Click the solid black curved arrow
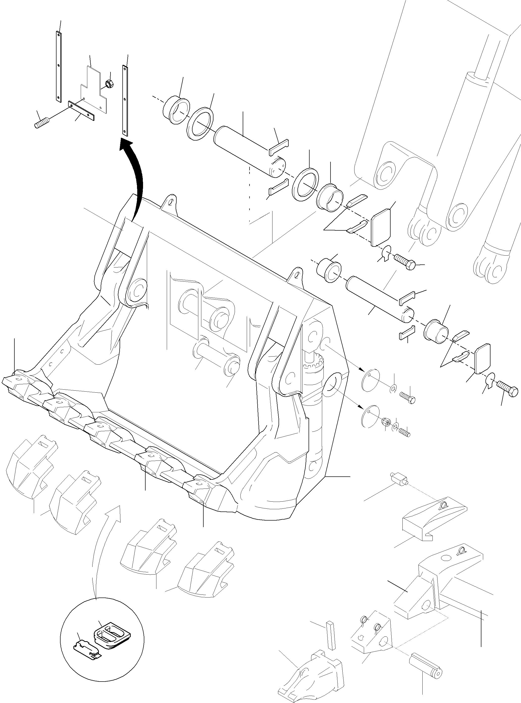click(x=137, y=177)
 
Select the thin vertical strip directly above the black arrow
click(x=125, y=101)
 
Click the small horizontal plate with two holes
click(x=81, y=110)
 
